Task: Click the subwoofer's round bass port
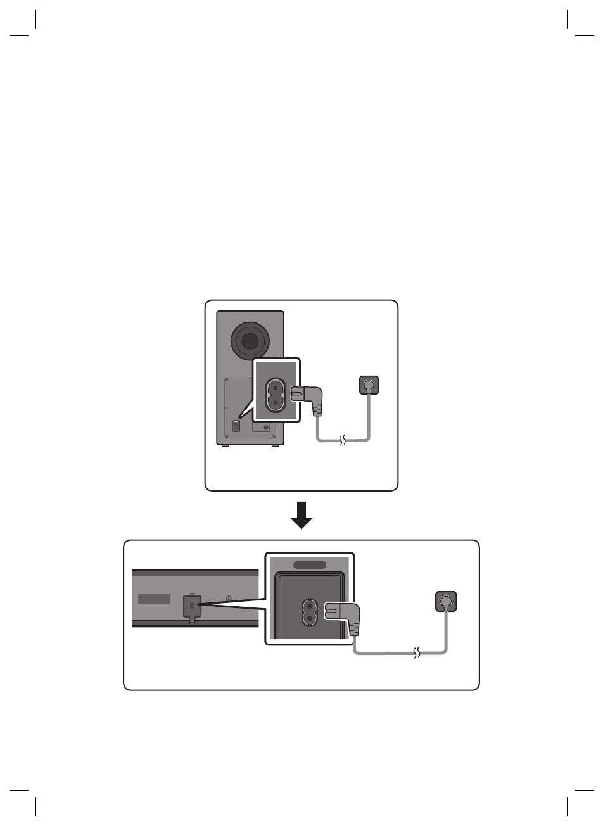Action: click(250, 341)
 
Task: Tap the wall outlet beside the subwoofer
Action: click(369, 384)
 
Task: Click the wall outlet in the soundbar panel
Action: click(447, 601)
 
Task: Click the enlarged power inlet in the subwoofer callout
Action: click(276, 394)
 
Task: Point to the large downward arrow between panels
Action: click(301, 515)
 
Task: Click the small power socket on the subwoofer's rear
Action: click(236, 426)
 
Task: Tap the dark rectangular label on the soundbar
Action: click(154, 599)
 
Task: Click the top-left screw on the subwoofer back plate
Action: click(226, 381)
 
